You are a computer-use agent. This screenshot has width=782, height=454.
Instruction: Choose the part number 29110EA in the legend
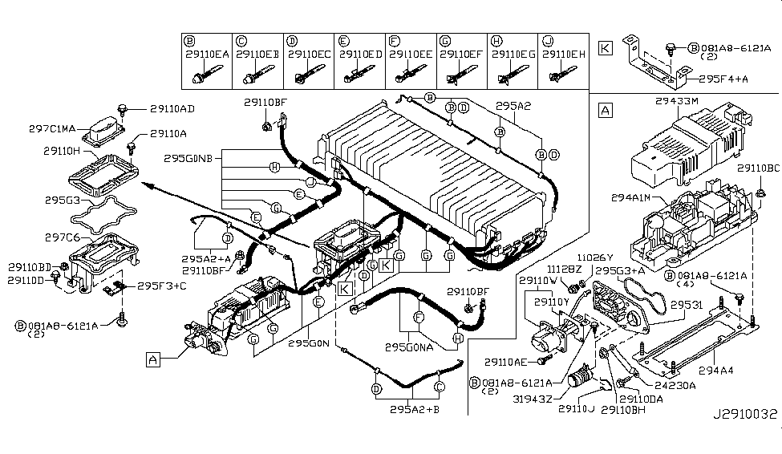click(x=208, y=54)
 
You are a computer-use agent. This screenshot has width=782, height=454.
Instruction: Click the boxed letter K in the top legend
click(x=606, y=48)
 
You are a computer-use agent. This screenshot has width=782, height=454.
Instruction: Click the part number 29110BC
click(x=756, y=169)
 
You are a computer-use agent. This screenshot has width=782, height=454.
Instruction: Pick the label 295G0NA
click(x=409, y=348)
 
